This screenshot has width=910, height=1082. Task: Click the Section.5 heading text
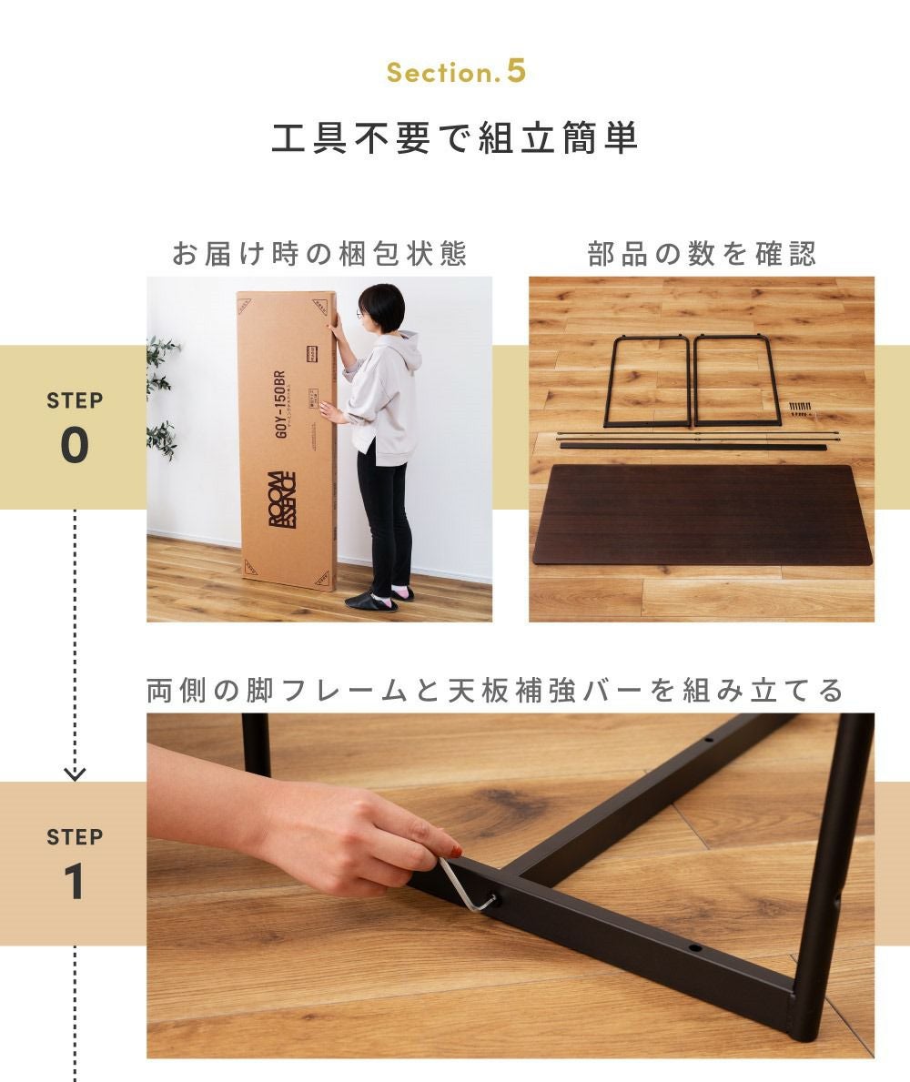[x=456, y=72]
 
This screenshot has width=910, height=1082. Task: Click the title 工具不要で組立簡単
[x=455, y=137]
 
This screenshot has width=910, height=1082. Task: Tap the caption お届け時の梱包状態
[x=319, y=254]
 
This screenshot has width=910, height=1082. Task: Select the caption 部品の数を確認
[x=702, y=254]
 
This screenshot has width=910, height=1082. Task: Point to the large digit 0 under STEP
[x=75, y=445]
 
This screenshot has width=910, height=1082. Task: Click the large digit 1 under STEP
[x=74, y=882]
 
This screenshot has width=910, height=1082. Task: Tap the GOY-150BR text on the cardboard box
[x=279, y=404]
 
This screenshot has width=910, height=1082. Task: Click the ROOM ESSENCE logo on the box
[x=282, y=499]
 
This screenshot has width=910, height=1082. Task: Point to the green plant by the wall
[x=162, y=397]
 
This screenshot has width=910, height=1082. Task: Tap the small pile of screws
[x=800, y=409]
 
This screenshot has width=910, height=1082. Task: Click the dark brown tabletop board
[x=703, y=513]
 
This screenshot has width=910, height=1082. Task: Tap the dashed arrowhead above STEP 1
[x=75, y=774]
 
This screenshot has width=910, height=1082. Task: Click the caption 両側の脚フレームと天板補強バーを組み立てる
[x=495, y=690]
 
